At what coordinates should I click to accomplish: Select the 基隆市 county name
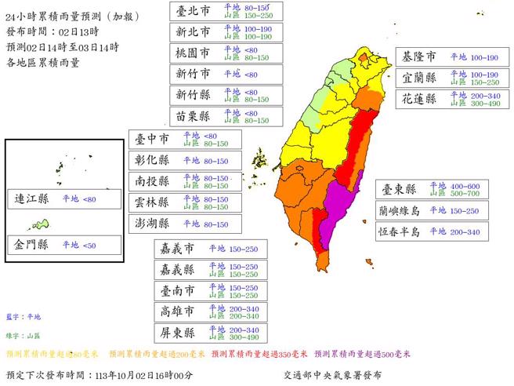point(418,58)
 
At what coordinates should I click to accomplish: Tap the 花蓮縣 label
point(418,100)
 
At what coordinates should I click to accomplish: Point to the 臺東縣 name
point(399,190)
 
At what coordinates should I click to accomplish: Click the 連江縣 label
point(32,200)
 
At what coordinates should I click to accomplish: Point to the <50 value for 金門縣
point(92,245)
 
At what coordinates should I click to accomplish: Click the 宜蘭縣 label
point(418,78)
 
